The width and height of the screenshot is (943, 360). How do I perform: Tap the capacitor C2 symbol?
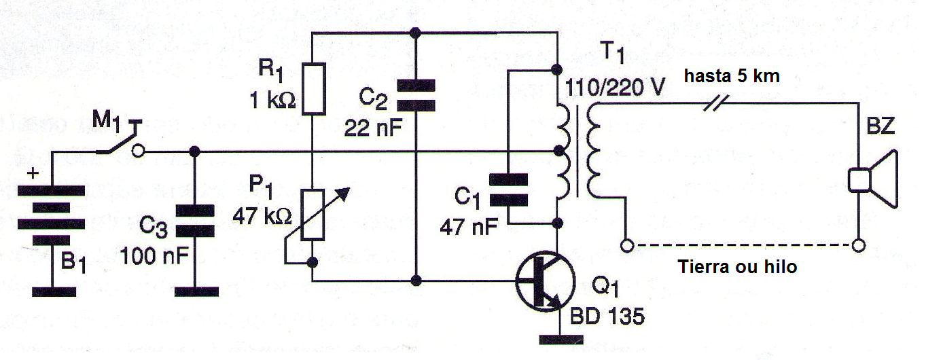pyautogui.click(x=416, y=95)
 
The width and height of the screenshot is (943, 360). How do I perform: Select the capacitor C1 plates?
pyautogui.click(x=508, y=190)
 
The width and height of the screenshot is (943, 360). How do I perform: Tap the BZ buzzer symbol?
pyautogui.click(x=872, y=181)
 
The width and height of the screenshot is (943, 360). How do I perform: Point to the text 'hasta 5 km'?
pyautogui.click(x=731, y=76)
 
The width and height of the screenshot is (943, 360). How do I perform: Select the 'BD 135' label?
pyautogui.click(x=607, y=317)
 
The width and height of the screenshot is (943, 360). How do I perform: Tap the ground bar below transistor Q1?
pyautogui.click(x=557, y=338)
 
